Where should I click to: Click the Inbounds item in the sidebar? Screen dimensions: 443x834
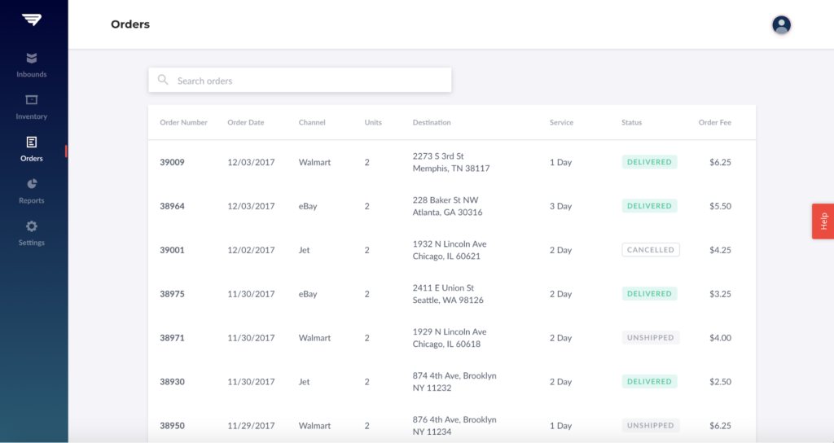pyautogui.click(x=32, y=64)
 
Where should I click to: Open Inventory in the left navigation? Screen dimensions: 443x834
pyautogui.click(x=32, y=107)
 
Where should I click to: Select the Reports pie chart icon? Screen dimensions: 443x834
pyautogui.click(x=32, y=184)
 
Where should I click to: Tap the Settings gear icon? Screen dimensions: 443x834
pyautogui.click(x=32, y=226)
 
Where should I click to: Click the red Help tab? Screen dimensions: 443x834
pyautogui.click(x=823, y=221)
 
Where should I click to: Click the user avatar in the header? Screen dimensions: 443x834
pyautogui.click(x=781, y=24)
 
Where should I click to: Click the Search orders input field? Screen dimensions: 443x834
pyautogui.click(x=309, y=81)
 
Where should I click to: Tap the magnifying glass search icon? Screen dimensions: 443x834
pyautogui.click(x=163, y=80)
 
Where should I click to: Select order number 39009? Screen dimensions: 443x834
pyautogui.click(x=172, y=162)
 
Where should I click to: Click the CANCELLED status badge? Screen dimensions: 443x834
pyautogui.click(x=650, y=250)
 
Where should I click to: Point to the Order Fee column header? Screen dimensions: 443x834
pyautogui.click(x=714, y=123)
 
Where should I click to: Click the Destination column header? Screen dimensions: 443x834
pyautogui.click(x=432, y=123)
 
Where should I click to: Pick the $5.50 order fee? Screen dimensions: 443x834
pyautogui.click(x=720, y=206)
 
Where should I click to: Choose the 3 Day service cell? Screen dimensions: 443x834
pyautogui.click(x=560, y=206)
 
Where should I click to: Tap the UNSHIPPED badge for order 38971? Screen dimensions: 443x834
pyautogui.click(x=650, y=338)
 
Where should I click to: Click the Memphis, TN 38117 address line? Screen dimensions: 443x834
pyautogui.click(x=451, y=169)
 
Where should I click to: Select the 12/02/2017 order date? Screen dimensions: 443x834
pyautogui.click(x=251, y=250)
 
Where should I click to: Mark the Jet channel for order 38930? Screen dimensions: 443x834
pyautogui.click(x=305, y=382)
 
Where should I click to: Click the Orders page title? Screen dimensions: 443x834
pyautogui.click(x=130, y=24)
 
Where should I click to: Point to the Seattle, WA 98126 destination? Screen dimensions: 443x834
pyautogui.click(x=448, y=300)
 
